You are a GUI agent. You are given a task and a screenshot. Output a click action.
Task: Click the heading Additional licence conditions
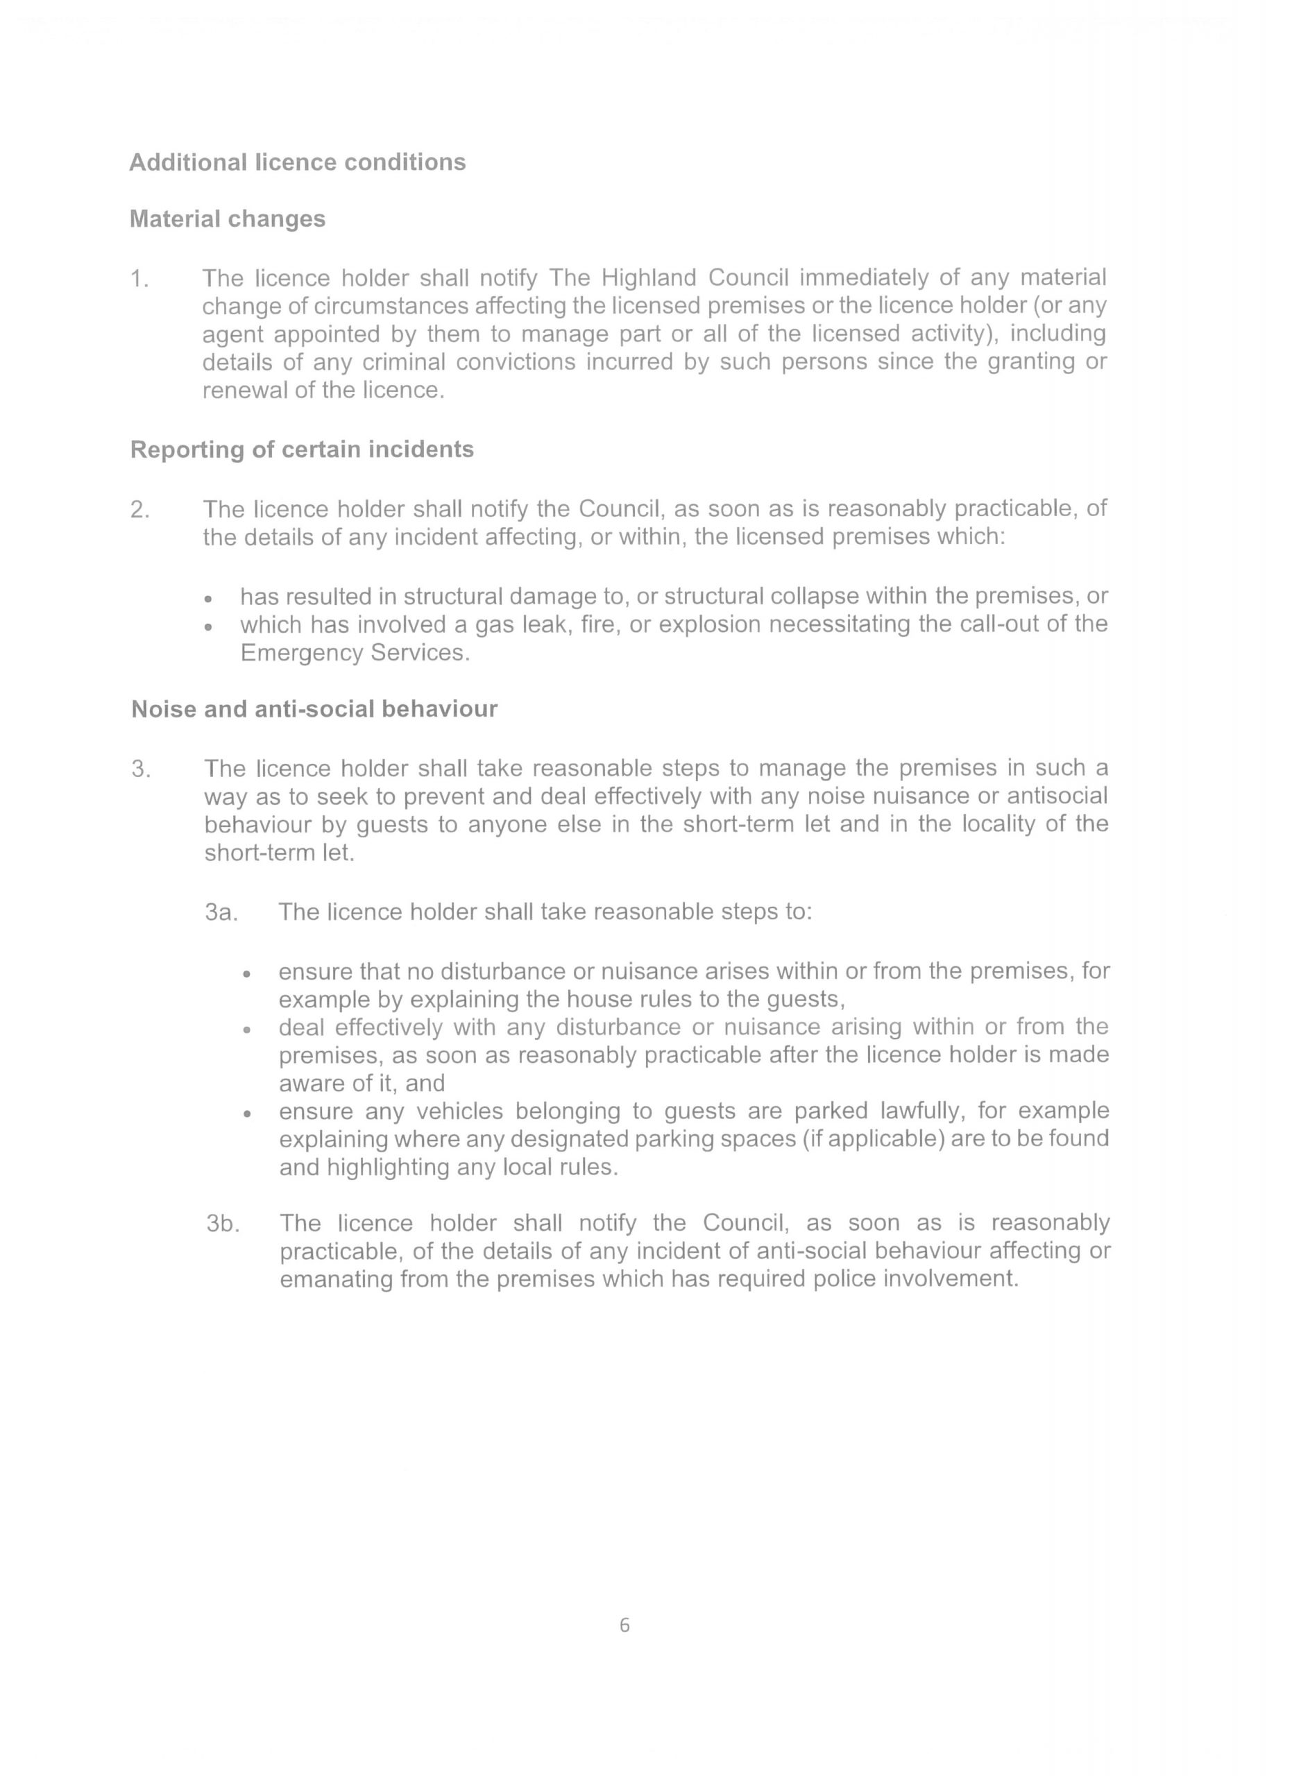point(297,162)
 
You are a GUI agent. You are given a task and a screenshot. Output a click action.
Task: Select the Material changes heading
point(227,219)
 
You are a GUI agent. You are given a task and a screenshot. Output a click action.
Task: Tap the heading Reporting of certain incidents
point(301,450)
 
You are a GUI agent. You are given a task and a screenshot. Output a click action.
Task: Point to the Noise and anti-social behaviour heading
point(314,709)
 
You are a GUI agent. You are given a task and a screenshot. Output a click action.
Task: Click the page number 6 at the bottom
point(624,1625)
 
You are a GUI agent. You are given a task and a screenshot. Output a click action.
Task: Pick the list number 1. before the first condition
point(139,279)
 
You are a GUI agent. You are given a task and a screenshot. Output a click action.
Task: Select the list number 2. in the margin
point(140,510)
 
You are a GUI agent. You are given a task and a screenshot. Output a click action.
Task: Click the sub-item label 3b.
point(221,1223)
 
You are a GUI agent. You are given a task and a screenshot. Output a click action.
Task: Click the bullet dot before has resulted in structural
point(207,599)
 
